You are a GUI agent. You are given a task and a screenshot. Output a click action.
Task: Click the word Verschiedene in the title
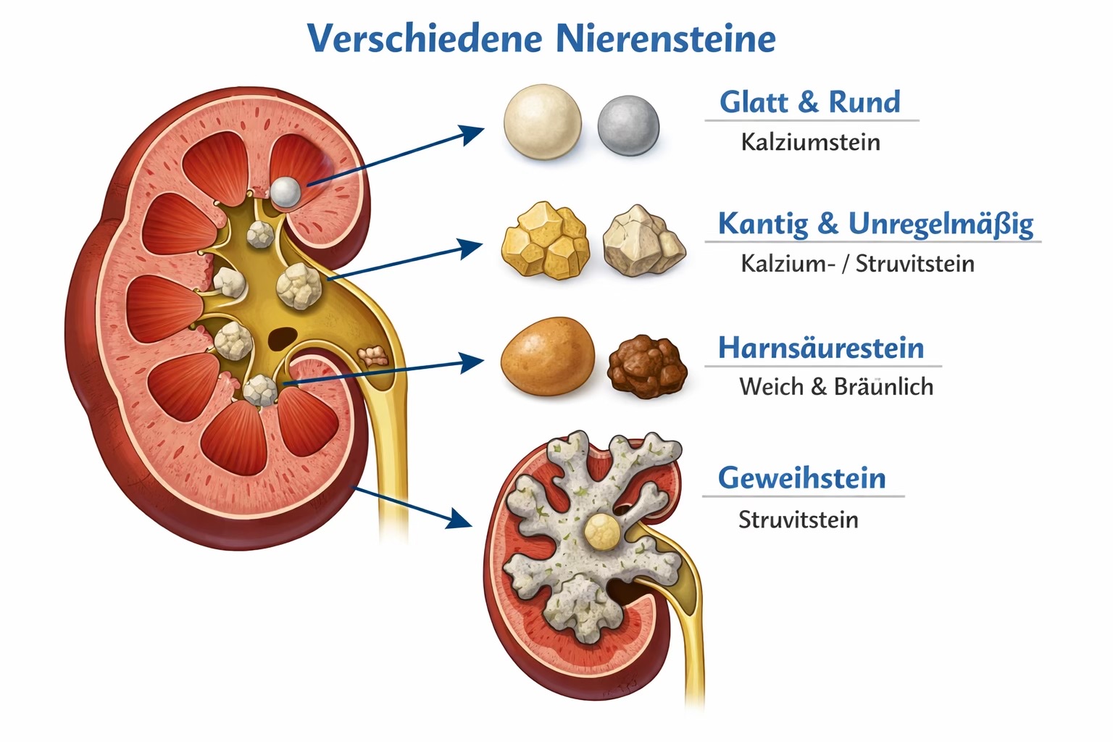[x=425, y=38]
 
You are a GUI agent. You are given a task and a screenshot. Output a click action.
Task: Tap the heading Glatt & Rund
[x=810, y=102]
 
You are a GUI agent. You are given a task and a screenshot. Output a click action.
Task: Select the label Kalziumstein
[x=810, y=142]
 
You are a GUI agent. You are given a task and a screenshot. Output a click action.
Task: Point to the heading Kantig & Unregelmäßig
[x=875, y=224]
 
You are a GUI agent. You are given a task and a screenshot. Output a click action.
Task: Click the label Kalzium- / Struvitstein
[x=857, y=264]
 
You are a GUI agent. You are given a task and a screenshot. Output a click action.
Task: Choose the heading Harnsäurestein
[x=821, y=347]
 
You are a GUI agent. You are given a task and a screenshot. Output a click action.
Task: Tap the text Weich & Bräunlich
[x=836, y=386]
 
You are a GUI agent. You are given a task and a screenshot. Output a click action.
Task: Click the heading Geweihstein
[x=801, y=478]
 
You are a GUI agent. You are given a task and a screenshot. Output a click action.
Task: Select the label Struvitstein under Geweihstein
[x=798, y=520]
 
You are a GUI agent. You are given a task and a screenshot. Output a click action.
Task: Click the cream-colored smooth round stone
[x=542, y=122]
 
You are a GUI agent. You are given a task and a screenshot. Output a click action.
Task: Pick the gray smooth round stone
[x=628, y=126]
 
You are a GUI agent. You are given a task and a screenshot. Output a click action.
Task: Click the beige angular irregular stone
[x=644, y=241]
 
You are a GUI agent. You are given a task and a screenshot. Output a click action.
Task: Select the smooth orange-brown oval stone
[x=548, y=357]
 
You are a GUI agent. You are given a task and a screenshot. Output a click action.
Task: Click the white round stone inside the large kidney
[x=285, y=192]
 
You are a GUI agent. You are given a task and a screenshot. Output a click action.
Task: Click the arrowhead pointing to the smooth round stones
[x=471, y=134]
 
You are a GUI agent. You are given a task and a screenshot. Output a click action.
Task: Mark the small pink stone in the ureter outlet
[x=372, y=357]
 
